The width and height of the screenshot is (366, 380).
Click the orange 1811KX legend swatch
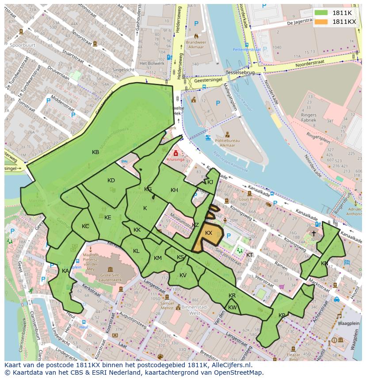pos(321,22)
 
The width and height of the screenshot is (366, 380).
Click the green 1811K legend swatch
pos(321,13)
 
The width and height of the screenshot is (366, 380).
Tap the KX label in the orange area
pos(209,233)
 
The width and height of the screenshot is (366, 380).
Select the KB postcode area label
pos(95,152)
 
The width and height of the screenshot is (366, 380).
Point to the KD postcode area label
pos(111,180)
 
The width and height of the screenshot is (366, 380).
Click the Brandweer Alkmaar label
pos(197,45)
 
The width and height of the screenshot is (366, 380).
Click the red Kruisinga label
pos(176,160)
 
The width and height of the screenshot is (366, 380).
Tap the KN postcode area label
pos(325,263)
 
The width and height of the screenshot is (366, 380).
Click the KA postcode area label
pos(65,271)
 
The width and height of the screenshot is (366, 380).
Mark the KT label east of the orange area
pos(250,255)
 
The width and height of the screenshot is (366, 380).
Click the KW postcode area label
pos(233,307)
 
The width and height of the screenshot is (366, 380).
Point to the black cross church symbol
pos(314,233)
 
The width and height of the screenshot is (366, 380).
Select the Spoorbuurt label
pos(23,45)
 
